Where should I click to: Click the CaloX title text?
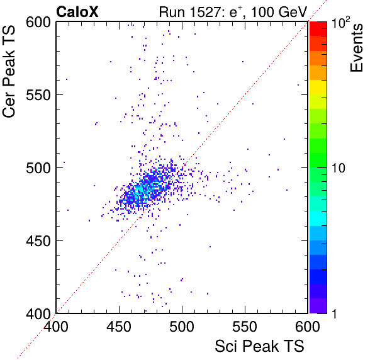click(77, 12)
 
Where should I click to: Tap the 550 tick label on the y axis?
click(38, 95)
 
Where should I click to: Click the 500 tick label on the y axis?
click(38, 168)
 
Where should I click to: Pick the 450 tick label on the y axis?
click(38, 241)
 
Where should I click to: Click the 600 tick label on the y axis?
click(38, 23)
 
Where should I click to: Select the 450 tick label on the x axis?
click(119, 327)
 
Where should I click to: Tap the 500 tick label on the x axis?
click(182, 327)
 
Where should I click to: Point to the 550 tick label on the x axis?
click(245, 327)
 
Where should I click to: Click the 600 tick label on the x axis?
click(308, 327)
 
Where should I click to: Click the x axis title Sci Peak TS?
click(259, 346)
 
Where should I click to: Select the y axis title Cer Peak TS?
click(9, 71)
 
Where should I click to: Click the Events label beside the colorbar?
click(356, 48)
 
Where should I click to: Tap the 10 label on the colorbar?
click(338, 168)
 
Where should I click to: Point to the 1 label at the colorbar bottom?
click(334, 313)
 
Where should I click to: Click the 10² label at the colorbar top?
click(340, 22)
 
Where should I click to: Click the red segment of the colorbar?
click(318, 29)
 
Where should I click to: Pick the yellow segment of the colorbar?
click(318, 87)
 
